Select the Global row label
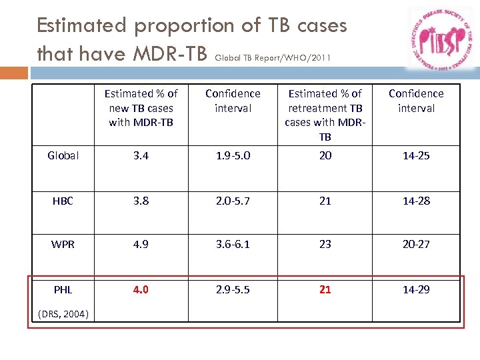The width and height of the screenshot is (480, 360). [63, 155]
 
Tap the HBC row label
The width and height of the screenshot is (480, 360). [63, 201]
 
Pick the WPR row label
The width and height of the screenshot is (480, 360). [63, 244]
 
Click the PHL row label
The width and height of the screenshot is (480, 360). [63, 289]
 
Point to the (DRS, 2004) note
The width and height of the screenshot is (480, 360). [64, 314]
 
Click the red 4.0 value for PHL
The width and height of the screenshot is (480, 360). [141, 289]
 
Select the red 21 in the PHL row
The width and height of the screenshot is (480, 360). [325, 289]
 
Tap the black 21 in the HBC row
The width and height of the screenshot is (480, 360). [325, 201]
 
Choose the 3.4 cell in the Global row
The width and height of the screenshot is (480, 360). [141, 155]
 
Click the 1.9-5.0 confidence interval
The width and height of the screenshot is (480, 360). [233, 155]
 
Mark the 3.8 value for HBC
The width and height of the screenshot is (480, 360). [141, 201]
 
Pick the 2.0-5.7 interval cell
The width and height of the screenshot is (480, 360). [233, 201]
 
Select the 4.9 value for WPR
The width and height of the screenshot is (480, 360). [141, 244]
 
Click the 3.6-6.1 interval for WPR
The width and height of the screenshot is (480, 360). [233, 244]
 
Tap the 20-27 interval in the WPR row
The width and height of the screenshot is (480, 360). [416, 244]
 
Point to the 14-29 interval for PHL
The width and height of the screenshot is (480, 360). [416, 289]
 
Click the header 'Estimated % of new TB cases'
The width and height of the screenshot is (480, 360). [141, 107]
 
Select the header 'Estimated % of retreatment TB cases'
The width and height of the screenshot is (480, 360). [325, 115]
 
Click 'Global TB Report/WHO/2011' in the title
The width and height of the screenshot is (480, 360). [272, 57]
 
